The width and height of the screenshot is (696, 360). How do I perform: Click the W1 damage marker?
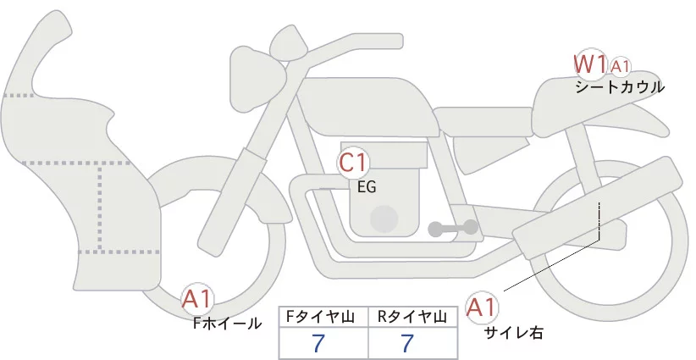[x=590, y=64]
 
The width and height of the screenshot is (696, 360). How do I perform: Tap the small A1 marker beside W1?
[x=621, y=66]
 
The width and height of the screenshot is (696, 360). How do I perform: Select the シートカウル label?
[x=620, y=86]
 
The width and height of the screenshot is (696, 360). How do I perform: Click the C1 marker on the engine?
[x=354, y=162]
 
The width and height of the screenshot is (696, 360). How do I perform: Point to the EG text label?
[x=367, y=187]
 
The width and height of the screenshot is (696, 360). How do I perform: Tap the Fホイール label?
[x=227, y=323]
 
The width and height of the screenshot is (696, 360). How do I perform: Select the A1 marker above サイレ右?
[x=483, y=307]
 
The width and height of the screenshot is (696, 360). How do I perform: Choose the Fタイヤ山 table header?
[x=324, y=317]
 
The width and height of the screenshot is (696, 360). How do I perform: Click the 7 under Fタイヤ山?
[x=318, y=343]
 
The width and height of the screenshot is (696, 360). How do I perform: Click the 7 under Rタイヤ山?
[x=407, y=343]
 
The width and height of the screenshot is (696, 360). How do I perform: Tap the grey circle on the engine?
[x=386, y=219]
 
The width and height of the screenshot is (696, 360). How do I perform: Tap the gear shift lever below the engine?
[x=452, y=227]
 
